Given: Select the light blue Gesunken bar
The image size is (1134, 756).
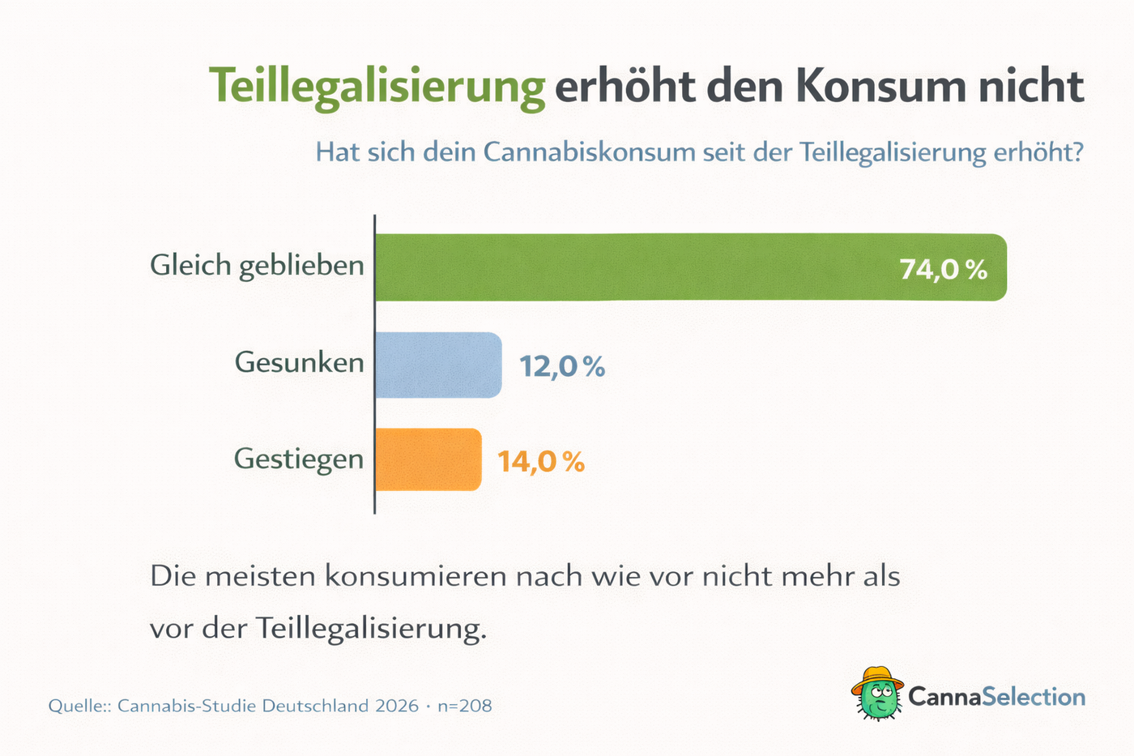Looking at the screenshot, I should pyautogui.click(x=438, y=365).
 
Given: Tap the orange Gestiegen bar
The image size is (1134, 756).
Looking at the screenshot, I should pyautogui.click(x=428, y=459).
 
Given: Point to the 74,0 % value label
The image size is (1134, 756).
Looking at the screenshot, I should pyautogui.click(x=943, y=269).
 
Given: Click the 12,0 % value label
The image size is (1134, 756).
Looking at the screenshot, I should pyautogui.click(x=562, y=366).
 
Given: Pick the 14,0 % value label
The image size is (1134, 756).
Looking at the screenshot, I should pyautogui.click(x=540, y=462).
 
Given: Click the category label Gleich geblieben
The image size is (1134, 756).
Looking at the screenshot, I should pyautogui.click(x=257, y=266).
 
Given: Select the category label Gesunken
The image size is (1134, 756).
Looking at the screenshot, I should pyautogui.click(x=299, y=362).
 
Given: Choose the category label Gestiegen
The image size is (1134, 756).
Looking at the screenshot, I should pyautogui.click(x=298, y=459).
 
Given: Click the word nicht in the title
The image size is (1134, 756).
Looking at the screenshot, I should pyautogui.click(x=1030, y=85).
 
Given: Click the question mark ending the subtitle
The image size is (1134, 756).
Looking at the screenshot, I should pyautogui.click(x=1076, y=152).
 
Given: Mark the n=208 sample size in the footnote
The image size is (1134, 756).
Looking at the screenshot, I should pyautogui.click(x=464, y=706).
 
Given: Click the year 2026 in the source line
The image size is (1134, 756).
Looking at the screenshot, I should pyautogui.click(x=397, y=706).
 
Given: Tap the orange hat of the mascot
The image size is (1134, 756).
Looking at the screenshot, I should pyautogui.click(x=877, y=677).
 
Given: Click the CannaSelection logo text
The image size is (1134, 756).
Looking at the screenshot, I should pyautogui.click(x=996, y=696).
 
